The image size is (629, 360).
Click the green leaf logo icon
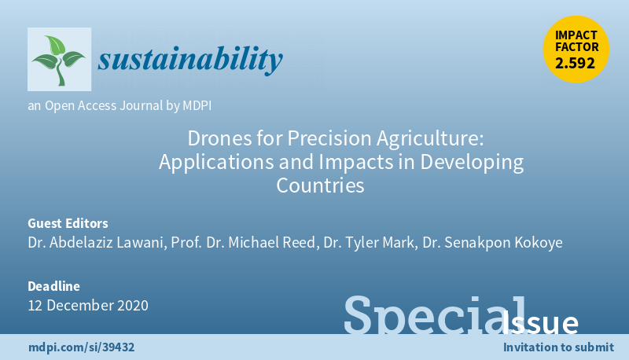[x=59, y=60]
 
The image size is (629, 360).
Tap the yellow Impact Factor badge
[x=576, y=49]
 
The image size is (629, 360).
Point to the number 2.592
[x=576, y=64]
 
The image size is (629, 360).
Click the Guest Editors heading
[x=68, y=223]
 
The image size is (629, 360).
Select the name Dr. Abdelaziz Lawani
[x=95, y=242]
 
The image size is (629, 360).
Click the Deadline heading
[x=53, y=286]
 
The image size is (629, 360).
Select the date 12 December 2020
[x=87, y=305]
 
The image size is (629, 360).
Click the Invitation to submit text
[x=557, y=347]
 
